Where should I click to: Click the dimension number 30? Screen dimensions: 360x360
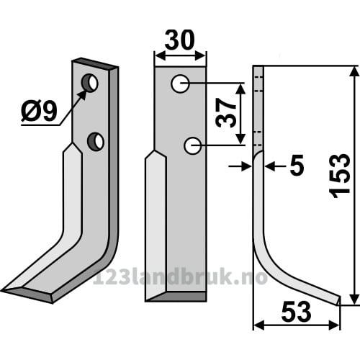(x=179, y=40)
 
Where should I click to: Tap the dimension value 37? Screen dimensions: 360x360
(x=225, y=113)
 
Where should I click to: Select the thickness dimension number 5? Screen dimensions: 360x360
(x=297, y=166)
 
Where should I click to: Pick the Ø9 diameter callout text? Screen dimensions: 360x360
(x=39, y=111)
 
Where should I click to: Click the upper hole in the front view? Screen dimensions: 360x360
(x=180, y=84)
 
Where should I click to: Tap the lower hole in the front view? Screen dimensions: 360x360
(x=192, y=145)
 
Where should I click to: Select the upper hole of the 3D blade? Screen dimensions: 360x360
(x=89, y=83)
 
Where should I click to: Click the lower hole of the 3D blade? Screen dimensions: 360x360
(x=96, y=141)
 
